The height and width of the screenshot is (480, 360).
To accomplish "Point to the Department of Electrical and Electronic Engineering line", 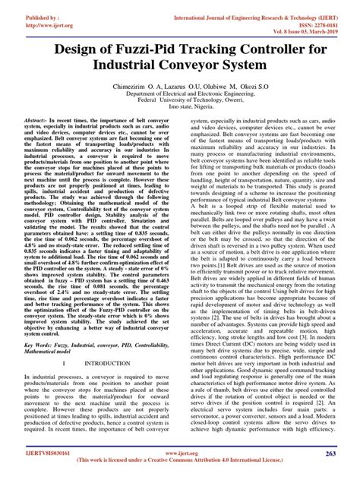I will click(179, 109).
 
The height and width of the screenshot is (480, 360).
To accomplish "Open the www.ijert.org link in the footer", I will click(179, 461).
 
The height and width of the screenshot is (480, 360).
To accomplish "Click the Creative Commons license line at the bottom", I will click(179, 471).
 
